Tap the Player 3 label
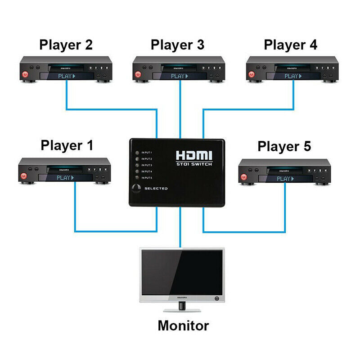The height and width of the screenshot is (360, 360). (x=177, y=45)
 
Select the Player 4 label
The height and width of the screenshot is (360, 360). (x=290, y=45)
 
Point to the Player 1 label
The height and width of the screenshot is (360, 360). (x=67, y=145)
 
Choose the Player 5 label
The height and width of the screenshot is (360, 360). (x=284, y=146)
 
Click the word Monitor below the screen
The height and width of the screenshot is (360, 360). (x=183, y=325)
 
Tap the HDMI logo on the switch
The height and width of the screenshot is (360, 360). (x=193, y=156)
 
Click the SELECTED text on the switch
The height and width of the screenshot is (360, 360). (x=156, y=188)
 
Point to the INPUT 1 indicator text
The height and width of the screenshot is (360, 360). (x=149, y=153)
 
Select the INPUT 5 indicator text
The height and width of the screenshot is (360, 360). (x=149, y=178)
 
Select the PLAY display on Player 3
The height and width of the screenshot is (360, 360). (x=179, y=76)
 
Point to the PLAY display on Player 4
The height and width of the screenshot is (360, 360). (x=293, y=76)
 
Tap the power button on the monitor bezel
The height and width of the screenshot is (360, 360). (x=217, y=298)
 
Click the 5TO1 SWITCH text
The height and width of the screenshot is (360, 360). (x=193, y=165)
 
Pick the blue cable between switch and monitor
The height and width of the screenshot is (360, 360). (x=180, y=229)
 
